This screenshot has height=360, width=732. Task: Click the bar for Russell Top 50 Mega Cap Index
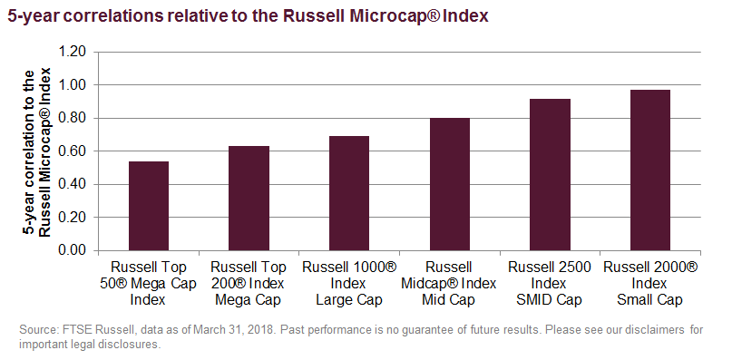(149, 206)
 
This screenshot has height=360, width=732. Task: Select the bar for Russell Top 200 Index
(249, 198)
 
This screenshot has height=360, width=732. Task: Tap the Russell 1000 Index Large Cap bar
(349, 193)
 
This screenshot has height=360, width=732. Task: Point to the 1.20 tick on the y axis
(73, 52)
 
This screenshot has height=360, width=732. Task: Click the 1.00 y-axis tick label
(73, 85)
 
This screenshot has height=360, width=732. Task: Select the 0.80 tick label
(73, 118)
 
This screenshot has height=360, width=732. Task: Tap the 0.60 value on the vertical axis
(73, 151)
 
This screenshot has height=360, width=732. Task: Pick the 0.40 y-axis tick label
(73, 184)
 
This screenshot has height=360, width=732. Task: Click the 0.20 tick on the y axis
(73, 218)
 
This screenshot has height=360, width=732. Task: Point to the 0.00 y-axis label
(73, 250)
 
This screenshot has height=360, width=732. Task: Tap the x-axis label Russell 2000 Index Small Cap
(649, 283)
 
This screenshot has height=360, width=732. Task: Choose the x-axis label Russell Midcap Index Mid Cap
(449, 283)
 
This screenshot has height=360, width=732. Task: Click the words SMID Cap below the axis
(550, 299)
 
